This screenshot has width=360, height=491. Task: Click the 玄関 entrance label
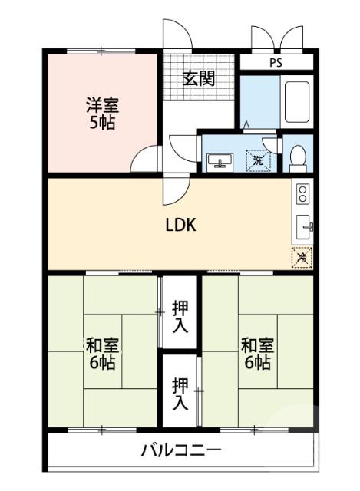click(x=198, y=77)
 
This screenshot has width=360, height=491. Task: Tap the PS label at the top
click(x=274, y=63)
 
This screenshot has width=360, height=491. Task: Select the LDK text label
click(x=181, y=225)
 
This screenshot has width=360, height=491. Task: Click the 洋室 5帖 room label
click(x=101, y=113)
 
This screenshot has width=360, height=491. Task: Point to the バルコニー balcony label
click(x=180, y=450)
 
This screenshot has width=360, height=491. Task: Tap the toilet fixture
click(x=298, y=157)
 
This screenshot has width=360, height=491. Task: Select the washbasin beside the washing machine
click(x=220, y=160)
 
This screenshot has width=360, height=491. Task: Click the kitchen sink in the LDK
click(x=303, y=227)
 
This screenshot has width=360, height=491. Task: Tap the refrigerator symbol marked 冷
click(x=302, y=258)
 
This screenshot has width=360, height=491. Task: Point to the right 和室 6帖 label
click(x=256, y=353)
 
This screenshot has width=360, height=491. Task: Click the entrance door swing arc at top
click(x=175, y=35)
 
